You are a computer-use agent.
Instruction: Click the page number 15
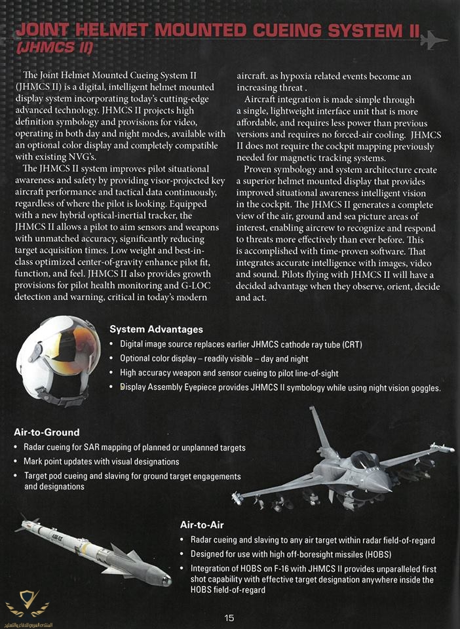tap(229, 618)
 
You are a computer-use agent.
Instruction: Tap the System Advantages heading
tap(156, 330)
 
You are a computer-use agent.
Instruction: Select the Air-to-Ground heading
tap(47, 432)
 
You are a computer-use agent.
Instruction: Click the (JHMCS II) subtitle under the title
tap(54, 48)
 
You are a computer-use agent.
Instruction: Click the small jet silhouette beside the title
tap(433, 40)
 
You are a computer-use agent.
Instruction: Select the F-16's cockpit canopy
tap(364, 458)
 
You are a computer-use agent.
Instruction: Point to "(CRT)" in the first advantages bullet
tap(350, 345)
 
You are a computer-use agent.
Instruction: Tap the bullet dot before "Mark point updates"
tap(16, 462)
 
